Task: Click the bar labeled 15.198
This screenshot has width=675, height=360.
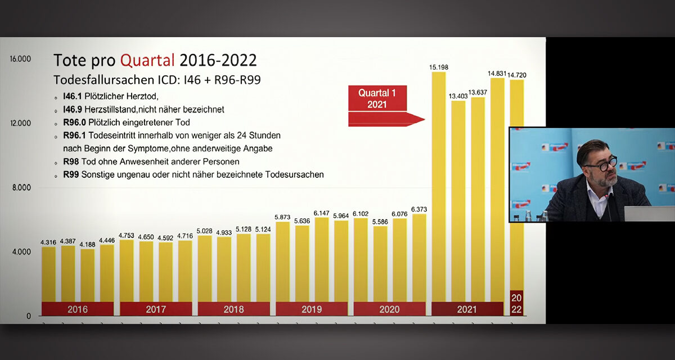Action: (x=438, y=186)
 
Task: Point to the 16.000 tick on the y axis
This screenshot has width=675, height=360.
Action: (x=21, y=59)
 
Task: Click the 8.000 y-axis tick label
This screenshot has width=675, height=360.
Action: (x=21, y=188)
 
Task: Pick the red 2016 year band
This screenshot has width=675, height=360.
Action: (x=77, y=309)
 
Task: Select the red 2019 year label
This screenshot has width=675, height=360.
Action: (x=311, y=309)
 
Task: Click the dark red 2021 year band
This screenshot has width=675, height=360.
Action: (x=467, y=309)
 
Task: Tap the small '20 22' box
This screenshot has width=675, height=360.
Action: (x=516, y=303)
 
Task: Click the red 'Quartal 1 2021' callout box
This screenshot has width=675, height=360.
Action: (x=377, y=98)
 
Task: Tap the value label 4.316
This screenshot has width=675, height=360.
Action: (x=48, y=242)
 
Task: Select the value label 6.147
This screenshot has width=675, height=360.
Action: (x=321, y=213)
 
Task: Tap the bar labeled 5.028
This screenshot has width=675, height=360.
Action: (x=205, y=267)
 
